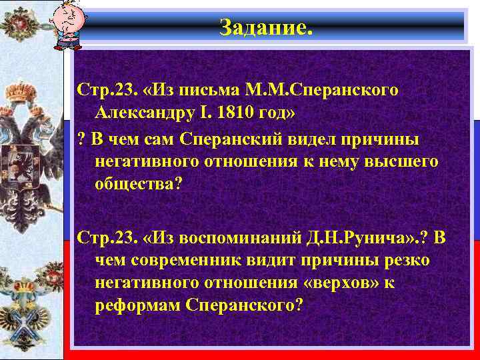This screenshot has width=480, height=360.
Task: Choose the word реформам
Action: pyautogui.click(x=139, y=304)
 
